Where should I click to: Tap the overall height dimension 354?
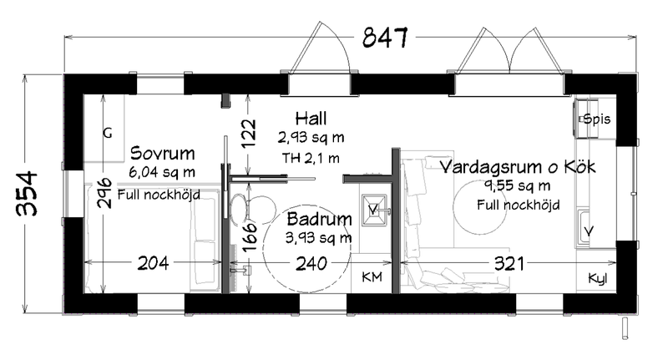[28, 194]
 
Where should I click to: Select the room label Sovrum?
[163, 154]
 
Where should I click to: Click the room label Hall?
[310, 118]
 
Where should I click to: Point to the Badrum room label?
[319, 221]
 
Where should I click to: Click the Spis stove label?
[597, 119]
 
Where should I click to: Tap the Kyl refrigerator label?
[598, 277]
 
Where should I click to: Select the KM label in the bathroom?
[372, 277]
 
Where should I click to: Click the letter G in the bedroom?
[107, 133]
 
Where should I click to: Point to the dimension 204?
[153, 263]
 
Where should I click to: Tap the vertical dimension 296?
[102, 196]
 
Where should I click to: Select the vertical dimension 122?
[247, 134]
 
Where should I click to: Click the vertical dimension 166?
[247, 237]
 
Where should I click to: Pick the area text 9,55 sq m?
[517, 185]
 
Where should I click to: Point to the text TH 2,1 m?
[310, 157]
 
